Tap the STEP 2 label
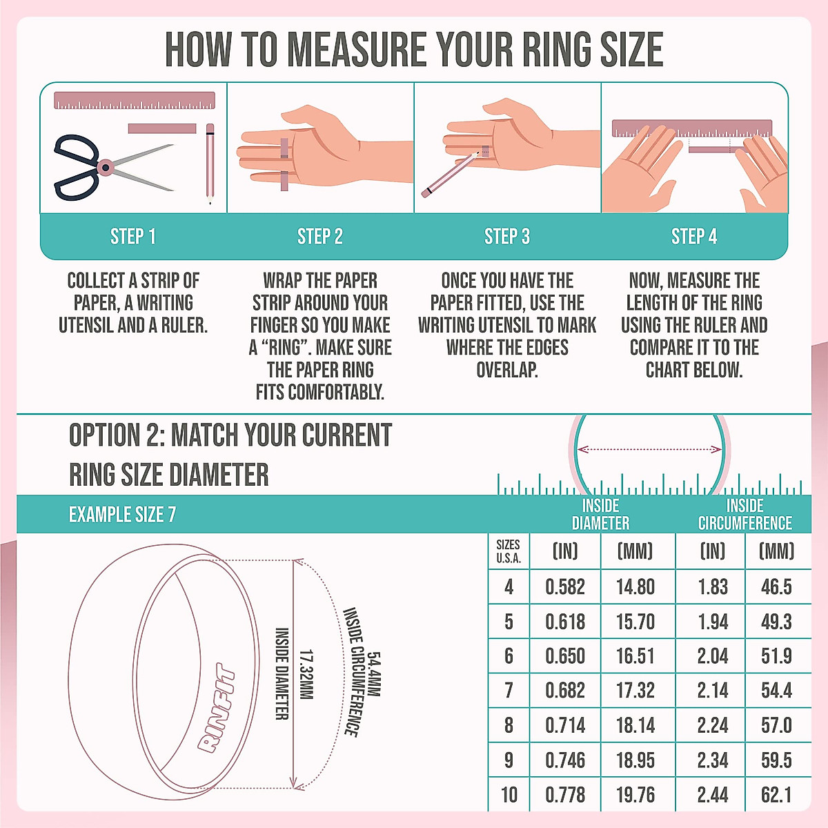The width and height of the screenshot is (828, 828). (319, 237)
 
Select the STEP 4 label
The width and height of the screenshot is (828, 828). (694, 237)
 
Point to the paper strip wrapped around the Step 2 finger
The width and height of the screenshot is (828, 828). (284, 166)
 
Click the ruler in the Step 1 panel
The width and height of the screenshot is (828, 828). (135, 101)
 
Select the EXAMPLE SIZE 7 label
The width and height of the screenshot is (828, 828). (122, 515)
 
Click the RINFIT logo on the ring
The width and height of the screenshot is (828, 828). (216, 708)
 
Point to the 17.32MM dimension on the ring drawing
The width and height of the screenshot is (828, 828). (306, 674)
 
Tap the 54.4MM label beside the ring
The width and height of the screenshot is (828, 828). (374, 674)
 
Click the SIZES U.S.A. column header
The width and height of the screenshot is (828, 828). (509, 551)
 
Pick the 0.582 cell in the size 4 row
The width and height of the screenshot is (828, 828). (565, 587)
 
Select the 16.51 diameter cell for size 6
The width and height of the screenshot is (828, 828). (635, 656)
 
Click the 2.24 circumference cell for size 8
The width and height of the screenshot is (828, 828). (712, 726)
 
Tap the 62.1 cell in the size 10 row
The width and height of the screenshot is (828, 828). (776, 795)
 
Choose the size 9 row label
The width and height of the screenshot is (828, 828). (509, 760)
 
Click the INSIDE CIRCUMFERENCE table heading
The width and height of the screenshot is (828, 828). (745, 515)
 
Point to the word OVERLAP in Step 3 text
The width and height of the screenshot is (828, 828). (507, 370)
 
